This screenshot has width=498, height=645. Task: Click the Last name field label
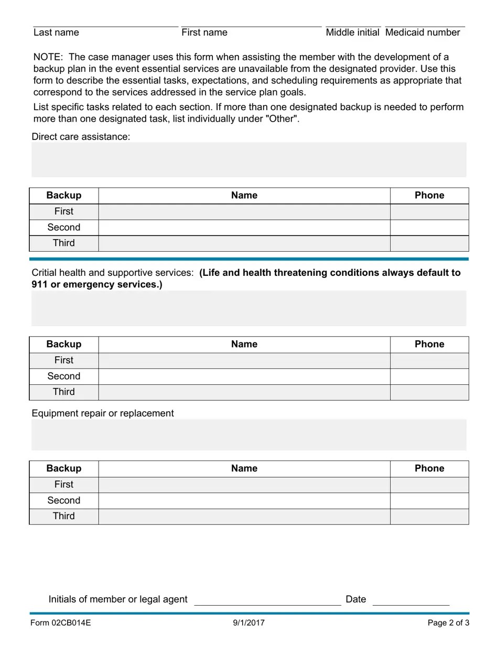(56, 33)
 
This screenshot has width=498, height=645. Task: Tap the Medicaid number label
(423, 33)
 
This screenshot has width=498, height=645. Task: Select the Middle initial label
(352, 33)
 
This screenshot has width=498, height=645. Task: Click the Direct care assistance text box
(248, 159)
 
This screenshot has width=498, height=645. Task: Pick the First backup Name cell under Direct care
(244, 212)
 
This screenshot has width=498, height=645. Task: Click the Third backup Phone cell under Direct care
(429, 243)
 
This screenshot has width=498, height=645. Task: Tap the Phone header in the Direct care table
(429, 196)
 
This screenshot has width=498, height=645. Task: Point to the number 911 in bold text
(40, 285)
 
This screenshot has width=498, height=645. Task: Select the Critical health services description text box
(248, 308)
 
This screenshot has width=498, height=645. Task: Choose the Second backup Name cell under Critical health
(244, 377)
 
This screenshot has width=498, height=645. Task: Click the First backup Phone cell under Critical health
(429, 361)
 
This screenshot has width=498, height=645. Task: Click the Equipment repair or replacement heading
(103, 413)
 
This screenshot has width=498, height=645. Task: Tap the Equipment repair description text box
(248, 435)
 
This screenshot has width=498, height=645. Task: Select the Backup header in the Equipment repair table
(64, 469)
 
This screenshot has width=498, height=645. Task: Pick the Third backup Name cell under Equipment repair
(244, 517)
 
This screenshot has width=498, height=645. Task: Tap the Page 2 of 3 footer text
(448, 623)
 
